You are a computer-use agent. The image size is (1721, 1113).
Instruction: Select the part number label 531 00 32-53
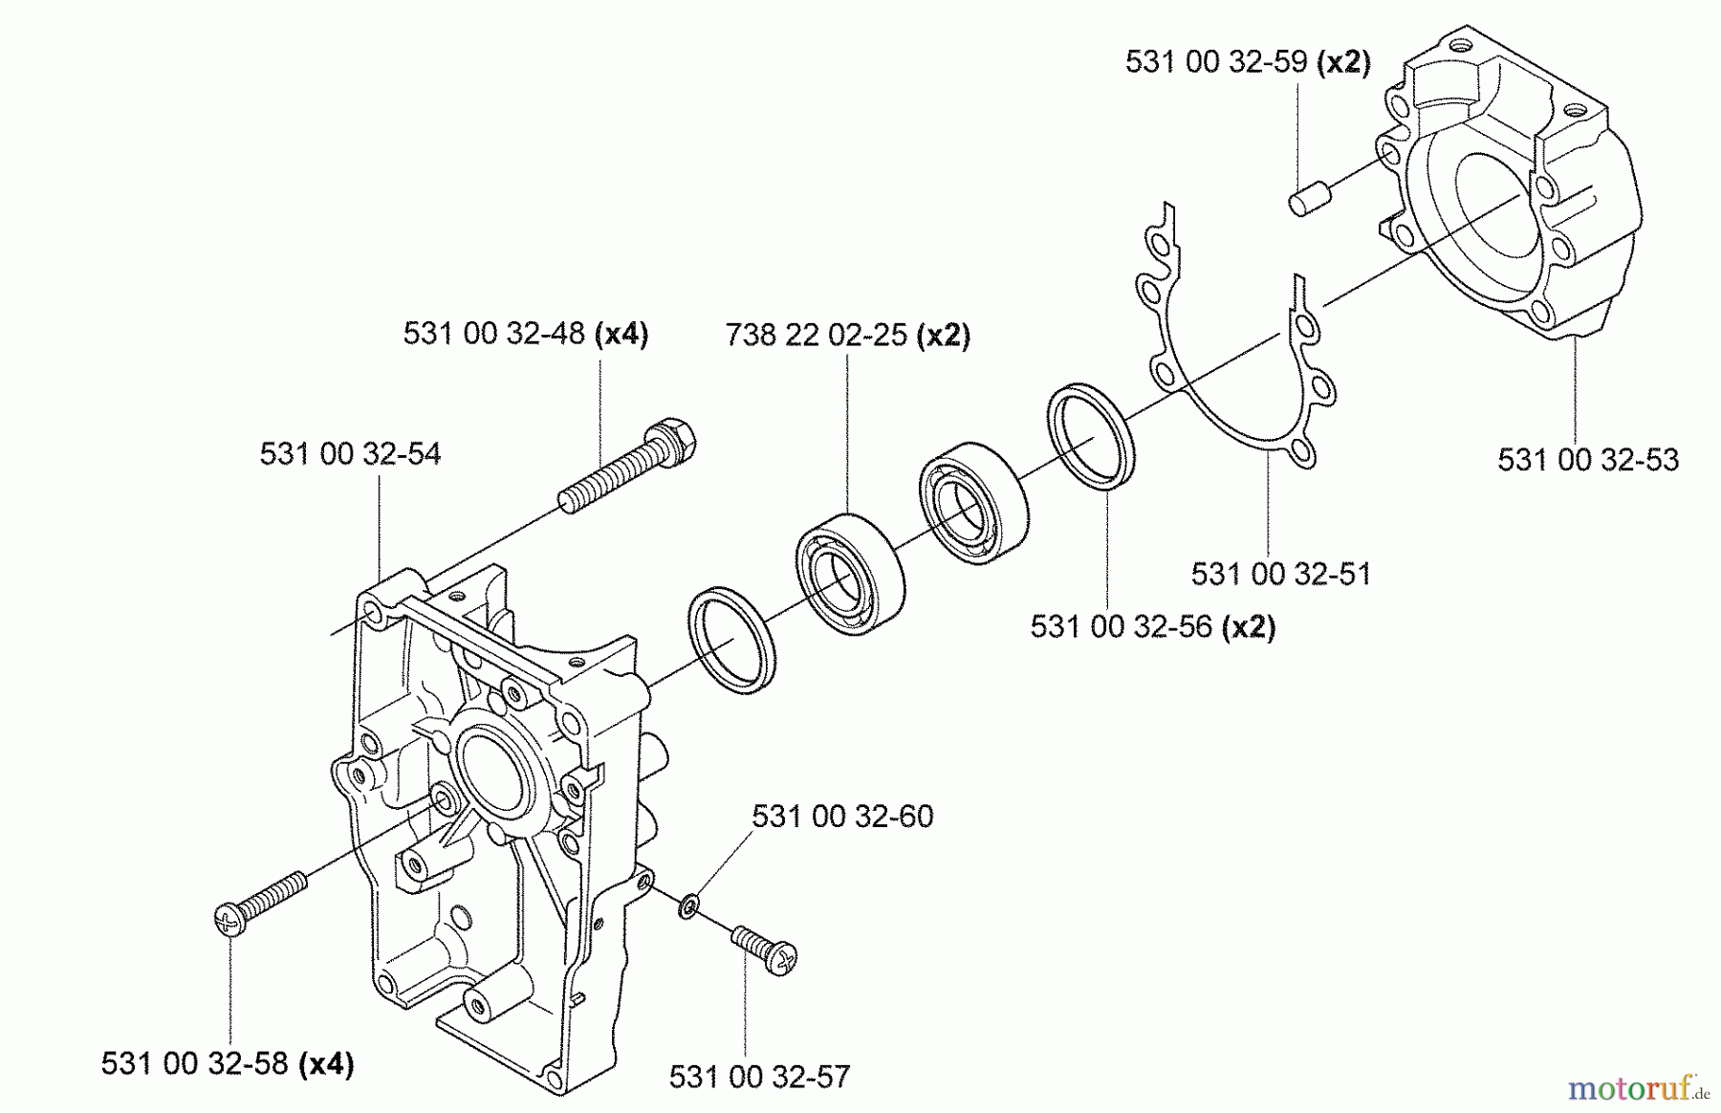click(1587, 460)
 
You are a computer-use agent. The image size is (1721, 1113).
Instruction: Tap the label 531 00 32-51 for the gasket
click(1280, 575)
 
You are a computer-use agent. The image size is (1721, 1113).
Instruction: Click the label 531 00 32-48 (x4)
click(525, 334)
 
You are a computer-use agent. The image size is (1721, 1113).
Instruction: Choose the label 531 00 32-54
click(350, 453)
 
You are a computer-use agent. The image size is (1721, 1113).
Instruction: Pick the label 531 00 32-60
click(841, 817)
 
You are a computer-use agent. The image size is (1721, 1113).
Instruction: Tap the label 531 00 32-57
click(758, 1078)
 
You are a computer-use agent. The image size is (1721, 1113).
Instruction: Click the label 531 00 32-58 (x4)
click(228, 1064)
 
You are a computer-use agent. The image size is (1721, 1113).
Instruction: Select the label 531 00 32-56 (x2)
click(1152, 627)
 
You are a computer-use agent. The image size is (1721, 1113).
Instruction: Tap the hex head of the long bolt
click(674, 440)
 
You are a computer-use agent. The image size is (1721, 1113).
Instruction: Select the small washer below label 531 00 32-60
click(687, 906)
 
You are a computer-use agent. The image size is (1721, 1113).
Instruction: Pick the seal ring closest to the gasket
click(1091, 436)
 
